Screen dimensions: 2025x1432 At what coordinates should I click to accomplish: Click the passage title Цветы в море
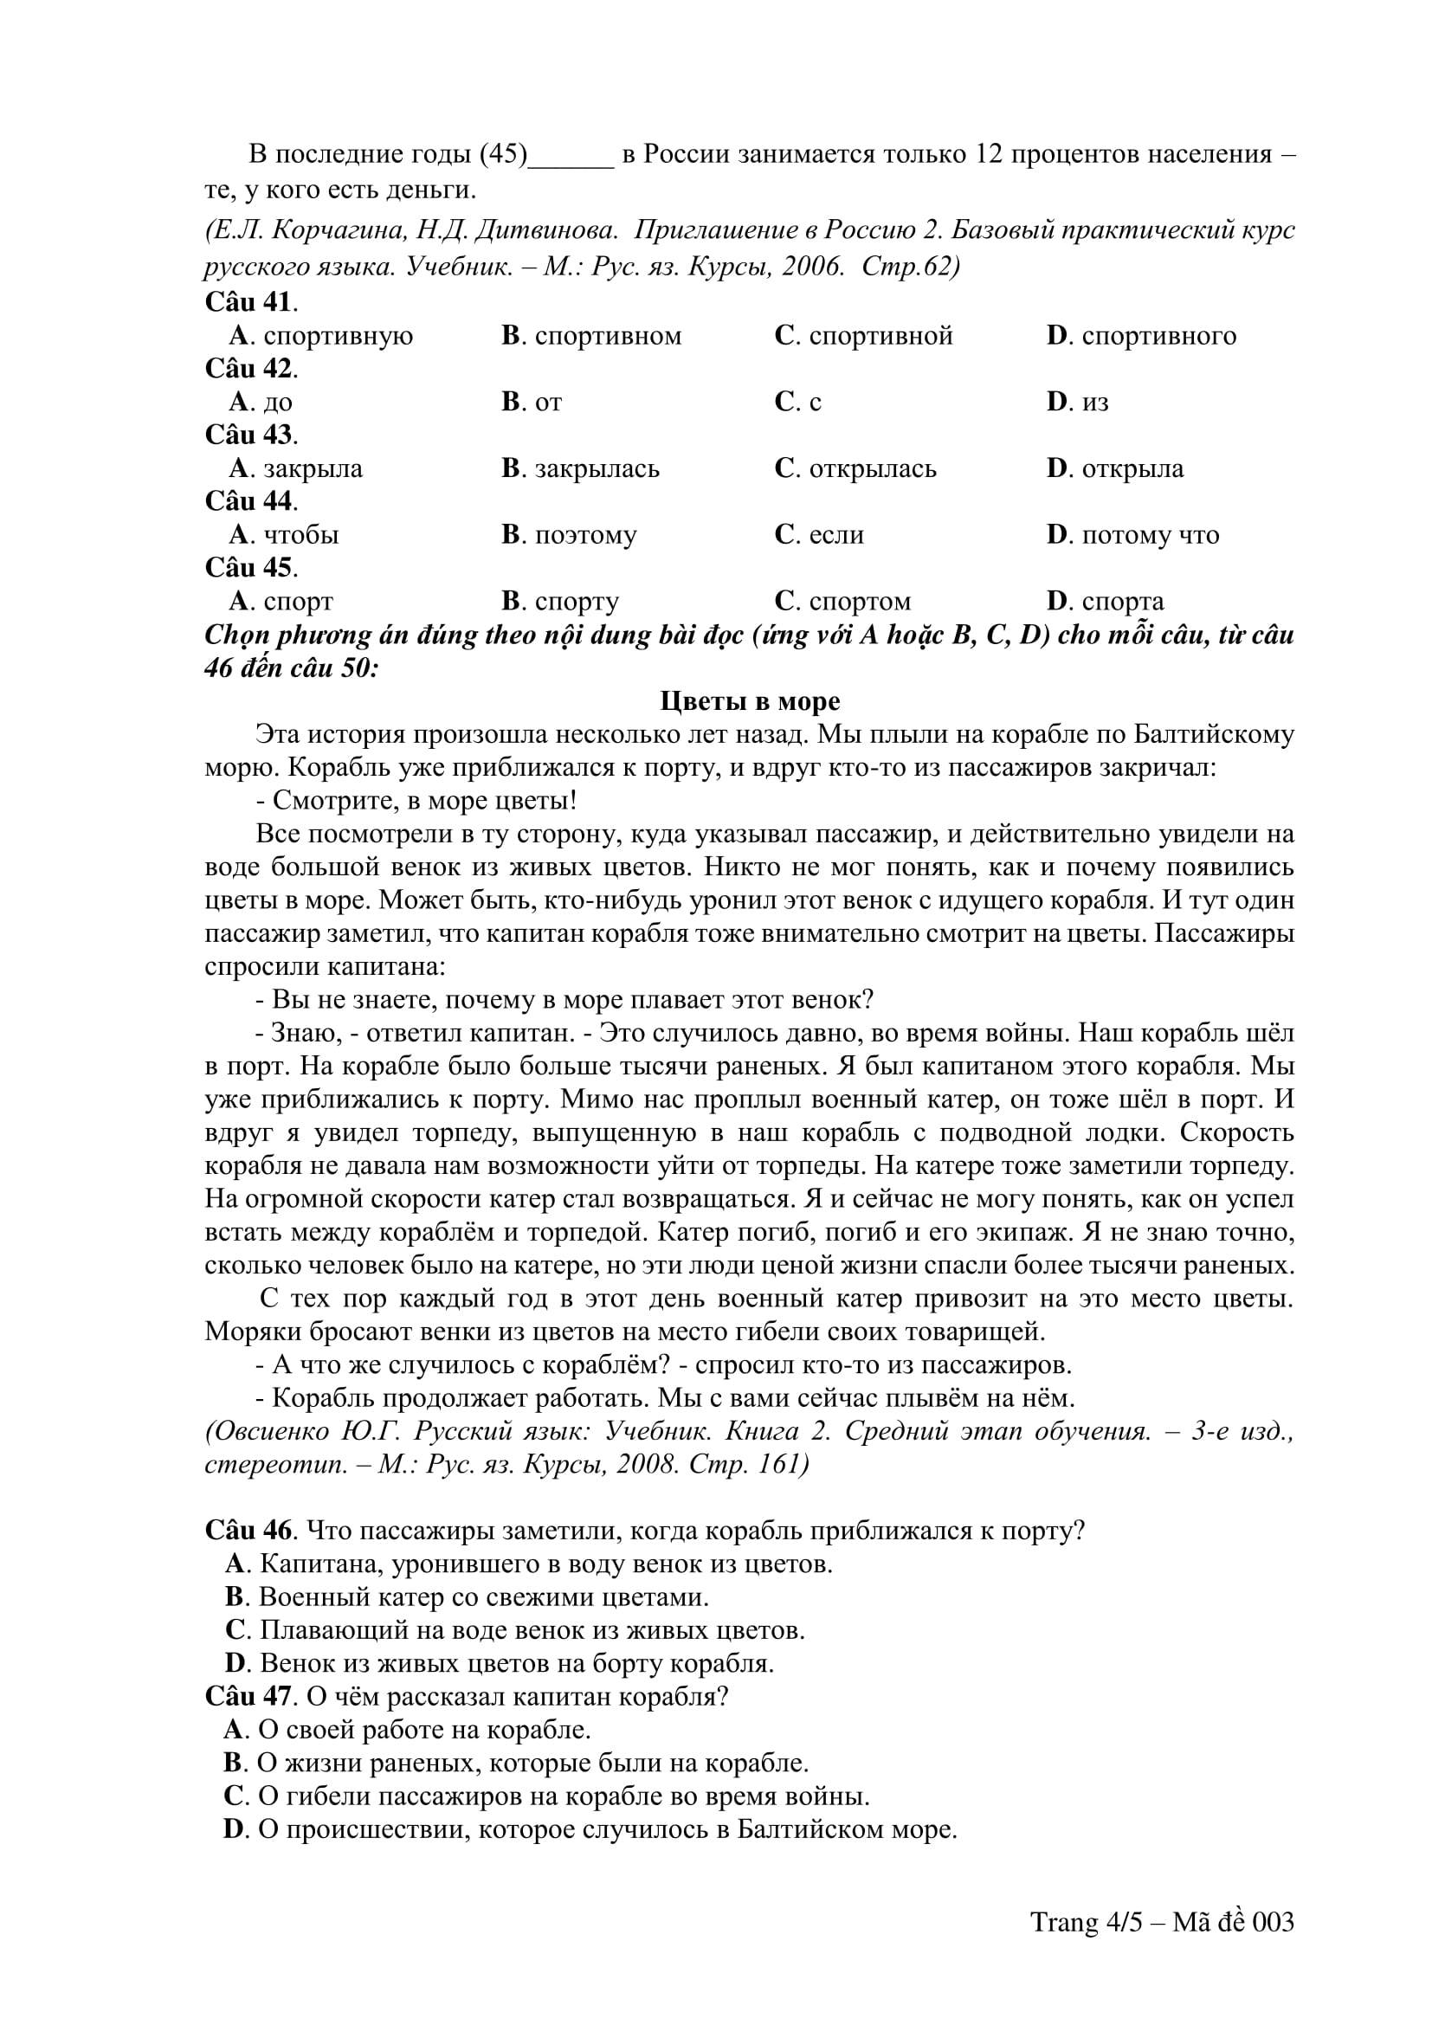[750, 702]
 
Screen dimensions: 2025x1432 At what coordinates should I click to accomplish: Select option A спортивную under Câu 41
[321, 336]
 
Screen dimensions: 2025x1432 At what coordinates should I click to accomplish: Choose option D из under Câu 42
[1078, 403]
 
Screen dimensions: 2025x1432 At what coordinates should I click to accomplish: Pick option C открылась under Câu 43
[855, 468]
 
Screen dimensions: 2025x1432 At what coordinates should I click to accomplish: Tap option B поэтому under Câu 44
[569, 535]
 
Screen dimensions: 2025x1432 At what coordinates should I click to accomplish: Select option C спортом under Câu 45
[842, 602]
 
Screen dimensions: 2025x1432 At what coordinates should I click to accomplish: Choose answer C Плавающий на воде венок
[515, 1630]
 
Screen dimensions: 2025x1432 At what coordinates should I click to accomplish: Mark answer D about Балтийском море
[590, 1829]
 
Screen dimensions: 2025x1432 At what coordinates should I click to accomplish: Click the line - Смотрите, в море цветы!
[416, 801]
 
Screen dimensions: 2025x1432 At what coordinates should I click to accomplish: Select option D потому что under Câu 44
[1133, 535]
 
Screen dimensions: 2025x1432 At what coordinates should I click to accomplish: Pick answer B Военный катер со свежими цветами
[468, 1597]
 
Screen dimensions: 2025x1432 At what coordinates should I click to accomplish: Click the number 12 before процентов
[988, 155]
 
